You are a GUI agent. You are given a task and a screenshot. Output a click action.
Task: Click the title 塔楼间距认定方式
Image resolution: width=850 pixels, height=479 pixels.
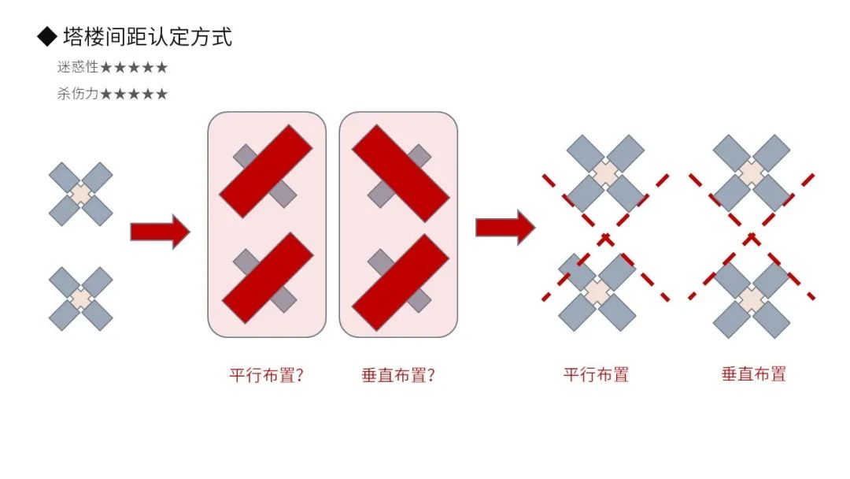[x=147, y=36]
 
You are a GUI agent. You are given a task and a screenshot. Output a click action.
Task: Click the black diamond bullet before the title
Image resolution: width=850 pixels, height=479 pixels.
[x=47, y=36]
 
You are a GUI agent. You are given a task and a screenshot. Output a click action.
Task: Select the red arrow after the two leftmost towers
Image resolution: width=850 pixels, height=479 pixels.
[x=160, y=232]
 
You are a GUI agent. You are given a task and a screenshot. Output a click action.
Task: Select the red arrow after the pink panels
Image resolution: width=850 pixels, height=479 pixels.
[x=504, y=228]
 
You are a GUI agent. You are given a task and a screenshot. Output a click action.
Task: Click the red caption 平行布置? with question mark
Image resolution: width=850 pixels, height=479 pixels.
[x=266, y=375]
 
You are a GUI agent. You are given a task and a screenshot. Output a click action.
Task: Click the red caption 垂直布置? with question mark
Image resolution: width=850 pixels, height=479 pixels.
[x=397, y=375]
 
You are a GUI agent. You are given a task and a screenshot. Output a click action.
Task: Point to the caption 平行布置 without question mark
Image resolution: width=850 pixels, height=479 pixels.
[x=596, y=374]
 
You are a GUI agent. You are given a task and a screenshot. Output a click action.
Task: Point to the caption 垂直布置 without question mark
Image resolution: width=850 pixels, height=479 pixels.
[x=753, y=374]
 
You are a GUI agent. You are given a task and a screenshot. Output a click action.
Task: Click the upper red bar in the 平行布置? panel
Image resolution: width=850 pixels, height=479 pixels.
[x=265, y=170]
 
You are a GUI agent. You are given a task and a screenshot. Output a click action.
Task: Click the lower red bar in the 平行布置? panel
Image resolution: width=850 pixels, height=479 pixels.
[x=268, y=277]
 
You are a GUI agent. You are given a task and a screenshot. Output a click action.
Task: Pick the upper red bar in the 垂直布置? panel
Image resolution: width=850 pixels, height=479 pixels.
[x=399, y=173]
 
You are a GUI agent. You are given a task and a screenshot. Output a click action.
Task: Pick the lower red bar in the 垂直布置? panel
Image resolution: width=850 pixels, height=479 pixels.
[x=399, y=281]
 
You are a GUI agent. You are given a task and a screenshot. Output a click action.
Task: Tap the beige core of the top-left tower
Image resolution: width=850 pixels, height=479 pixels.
[x=81, y=194]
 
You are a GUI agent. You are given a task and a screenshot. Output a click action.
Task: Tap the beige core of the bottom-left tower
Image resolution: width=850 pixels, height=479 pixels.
[x=81, y=299]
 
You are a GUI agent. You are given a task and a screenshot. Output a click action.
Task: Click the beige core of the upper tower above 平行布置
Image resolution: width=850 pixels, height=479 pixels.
[x=604, y=173]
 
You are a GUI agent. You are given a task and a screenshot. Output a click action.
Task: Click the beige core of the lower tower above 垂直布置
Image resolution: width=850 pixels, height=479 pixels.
[x=752, y=300]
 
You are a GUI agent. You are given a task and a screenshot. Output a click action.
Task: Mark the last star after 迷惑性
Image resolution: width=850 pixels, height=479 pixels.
[x=161, y=68]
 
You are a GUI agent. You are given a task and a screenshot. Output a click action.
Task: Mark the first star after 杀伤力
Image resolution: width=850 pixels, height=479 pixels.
[x=107, y=94]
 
